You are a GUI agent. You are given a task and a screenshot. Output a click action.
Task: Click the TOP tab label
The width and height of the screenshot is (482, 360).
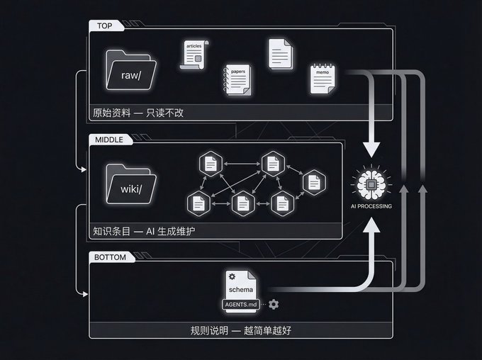coord(104,26)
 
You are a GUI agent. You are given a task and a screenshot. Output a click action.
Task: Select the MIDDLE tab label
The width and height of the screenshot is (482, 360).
coord(109,140)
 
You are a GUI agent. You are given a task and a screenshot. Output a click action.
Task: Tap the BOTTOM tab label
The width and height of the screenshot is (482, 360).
coord(110,257)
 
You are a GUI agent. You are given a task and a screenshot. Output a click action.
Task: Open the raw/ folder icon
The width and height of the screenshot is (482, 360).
coord(131,70)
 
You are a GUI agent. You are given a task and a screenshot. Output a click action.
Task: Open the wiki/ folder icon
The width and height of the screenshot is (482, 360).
coord(131,184)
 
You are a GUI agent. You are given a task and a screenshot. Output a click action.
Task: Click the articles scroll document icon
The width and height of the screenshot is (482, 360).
coord(194,55)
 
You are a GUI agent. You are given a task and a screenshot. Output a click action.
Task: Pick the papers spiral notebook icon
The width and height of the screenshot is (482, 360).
coord(237,79)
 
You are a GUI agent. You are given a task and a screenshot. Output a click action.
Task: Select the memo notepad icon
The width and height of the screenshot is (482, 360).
coord(323,79)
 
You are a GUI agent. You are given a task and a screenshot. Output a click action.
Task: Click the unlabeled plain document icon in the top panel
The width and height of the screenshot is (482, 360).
coord(281,54)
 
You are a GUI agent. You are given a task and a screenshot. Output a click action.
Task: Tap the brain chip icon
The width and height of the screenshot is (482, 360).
coord(371,184)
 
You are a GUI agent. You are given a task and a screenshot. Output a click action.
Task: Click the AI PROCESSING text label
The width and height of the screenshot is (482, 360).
coord(371,206)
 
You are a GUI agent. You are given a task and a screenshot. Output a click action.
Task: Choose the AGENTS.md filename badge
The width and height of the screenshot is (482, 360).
coord(241,305)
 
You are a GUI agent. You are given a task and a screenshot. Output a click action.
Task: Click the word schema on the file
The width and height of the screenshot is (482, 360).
coord(241,290)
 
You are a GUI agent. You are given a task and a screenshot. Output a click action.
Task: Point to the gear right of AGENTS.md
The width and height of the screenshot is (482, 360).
coord(274,304)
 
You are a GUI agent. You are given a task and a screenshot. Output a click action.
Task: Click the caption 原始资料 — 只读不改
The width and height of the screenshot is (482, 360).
coord(138,113)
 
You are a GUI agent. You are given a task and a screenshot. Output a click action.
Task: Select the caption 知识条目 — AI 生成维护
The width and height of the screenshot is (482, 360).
coord(144,231)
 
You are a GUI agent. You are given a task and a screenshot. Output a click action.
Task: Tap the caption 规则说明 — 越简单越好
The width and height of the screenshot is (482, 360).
coord(241,331)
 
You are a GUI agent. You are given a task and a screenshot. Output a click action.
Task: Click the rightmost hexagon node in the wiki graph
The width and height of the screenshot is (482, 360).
coord(314,182)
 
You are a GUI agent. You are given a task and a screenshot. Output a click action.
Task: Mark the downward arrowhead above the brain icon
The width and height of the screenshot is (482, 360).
coord(371,150)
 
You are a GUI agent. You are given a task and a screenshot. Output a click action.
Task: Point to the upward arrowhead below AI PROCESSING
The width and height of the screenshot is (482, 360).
coord(371,225)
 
